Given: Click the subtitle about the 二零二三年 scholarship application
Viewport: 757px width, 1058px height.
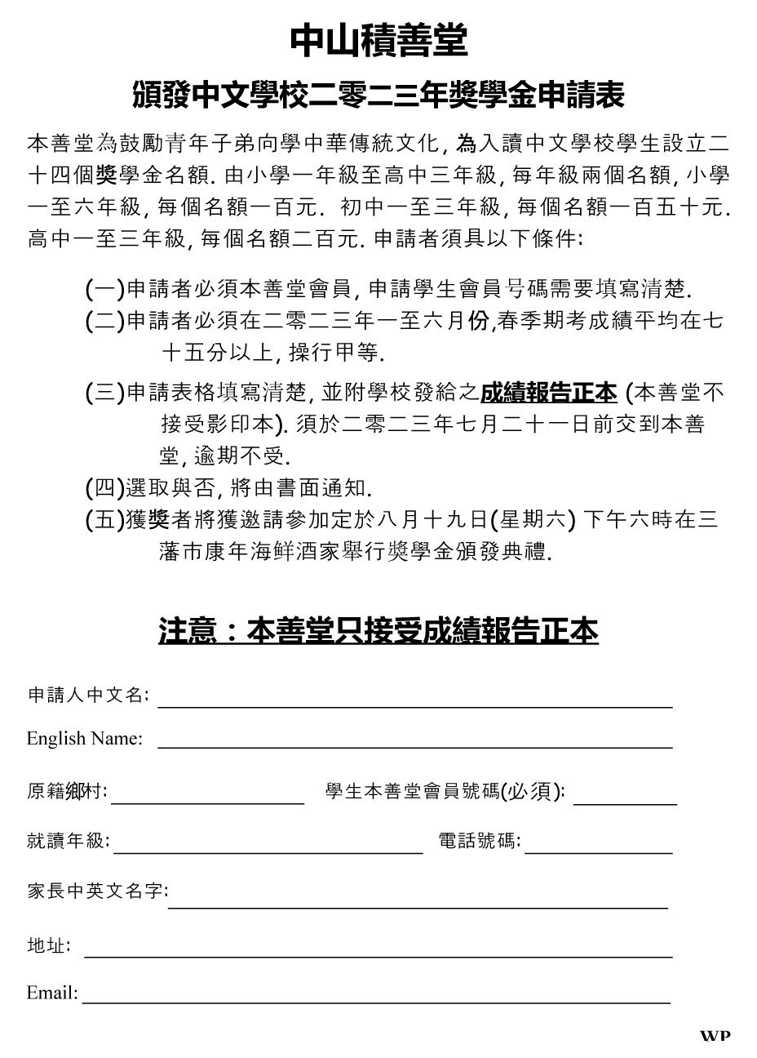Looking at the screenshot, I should point(378,96).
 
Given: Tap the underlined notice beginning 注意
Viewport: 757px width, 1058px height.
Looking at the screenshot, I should point(378,631).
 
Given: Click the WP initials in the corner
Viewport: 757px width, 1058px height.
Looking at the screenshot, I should point(715,1036).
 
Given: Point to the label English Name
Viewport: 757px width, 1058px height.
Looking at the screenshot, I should point(85,738).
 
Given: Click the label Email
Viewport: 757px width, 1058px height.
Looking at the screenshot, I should point(52,993).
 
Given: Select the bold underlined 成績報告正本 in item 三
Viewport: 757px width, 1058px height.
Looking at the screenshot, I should point(548,393).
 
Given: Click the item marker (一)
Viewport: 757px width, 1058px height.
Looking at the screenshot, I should point(104,289).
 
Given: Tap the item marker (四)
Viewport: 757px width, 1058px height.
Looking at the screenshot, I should point(104,488).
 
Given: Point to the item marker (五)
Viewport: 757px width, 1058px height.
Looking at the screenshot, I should point(104,520).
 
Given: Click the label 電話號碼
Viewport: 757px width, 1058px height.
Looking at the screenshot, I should point(480,841).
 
